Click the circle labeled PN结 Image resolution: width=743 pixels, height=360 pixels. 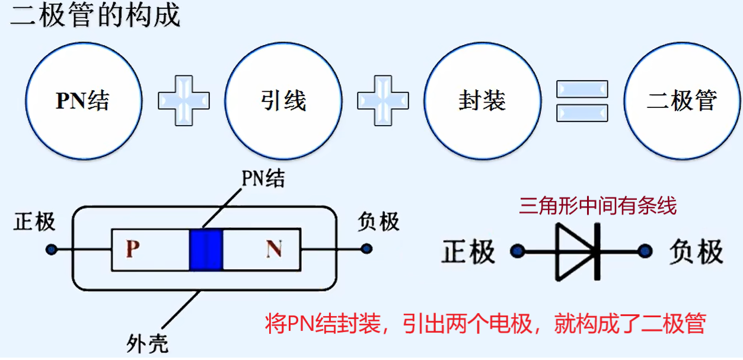pyautogui.click(x=84, y=101)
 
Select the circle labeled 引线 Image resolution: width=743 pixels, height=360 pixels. pyautogui.click(x=283, y=101)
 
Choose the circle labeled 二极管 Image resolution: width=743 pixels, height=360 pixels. pyautogui.click(x=682, y=101)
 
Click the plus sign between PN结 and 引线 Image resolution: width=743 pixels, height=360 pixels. pyautogui.click(x=184, y=100)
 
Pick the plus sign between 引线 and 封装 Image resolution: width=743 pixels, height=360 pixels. pyautogui.click(x=383, y=100)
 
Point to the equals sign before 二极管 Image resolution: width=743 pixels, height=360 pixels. pyautogui.click(x=582, y=100)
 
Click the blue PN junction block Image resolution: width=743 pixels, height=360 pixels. pyautogui.click(x=206, y=250)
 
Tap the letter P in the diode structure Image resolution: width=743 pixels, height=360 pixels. pyautogui.click(x=133, y=249)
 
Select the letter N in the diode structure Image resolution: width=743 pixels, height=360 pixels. pyautogui.click(x=273, y=249)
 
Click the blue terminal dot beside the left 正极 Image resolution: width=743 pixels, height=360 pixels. pyautogui.click(x=52, y=249)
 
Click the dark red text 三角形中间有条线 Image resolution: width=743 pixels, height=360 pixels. pyautogui.click(x=597, y=206)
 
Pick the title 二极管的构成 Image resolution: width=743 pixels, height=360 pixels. pyautogui.click(x=95, y=15)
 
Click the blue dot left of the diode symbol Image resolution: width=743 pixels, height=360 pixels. pyautogui.click(x=518, y=252)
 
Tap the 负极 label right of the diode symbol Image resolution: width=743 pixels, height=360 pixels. pyautogui.click(x=696, y=251)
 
